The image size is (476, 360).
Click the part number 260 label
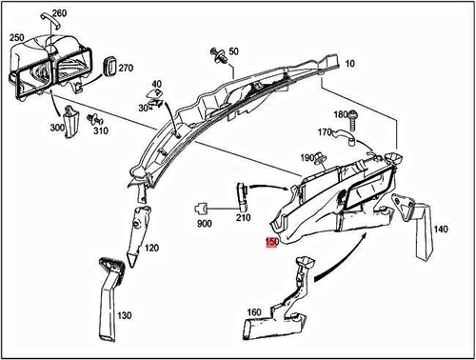59,13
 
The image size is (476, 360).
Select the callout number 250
16,37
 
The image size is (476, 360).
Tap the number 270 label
127,68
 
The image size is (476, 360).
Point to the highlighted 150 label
271,245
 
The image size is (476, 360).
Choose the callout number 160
255,310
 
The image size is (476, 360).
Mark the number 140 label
441,230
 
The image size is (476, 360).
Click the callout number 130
125,315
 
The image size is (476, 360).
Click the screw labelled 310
93,121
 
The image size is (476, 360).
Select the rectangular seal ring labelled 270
108,66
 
